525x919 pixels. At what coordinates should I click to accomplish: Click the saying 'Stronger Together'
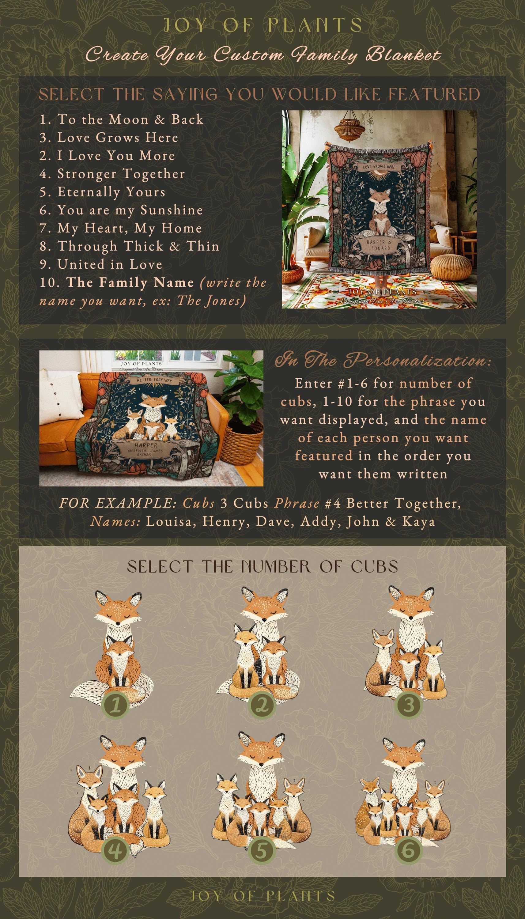tap(112, 174)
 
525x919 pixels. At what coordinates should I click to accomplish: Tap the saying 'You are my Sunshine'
tap(121, 210)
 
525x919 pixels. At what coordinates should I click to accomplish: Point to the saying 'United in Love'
tap(101, 264)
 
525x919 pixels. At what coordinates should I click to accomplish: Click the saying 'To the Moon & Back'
tap(122, 119)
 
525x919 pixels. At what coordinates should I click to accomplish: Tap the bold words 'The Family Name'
tap(130, 282)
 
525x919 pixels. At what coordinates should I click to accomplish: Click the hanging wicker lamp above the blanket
tap(348, 128)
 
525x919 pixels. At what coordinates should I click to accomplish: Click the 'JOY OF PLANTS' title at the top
tap(262, 25)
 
